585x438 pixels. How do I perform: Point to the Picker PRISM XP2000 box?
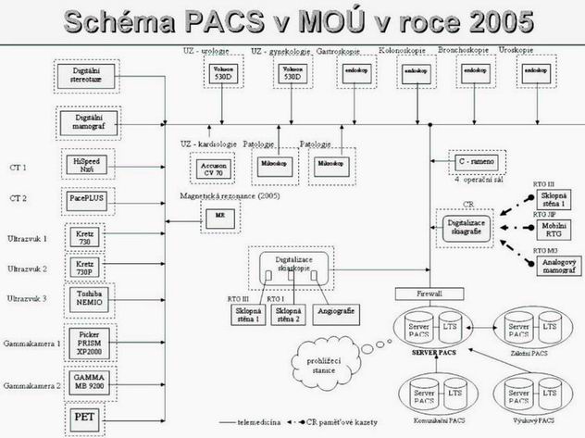pos(86,342)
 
